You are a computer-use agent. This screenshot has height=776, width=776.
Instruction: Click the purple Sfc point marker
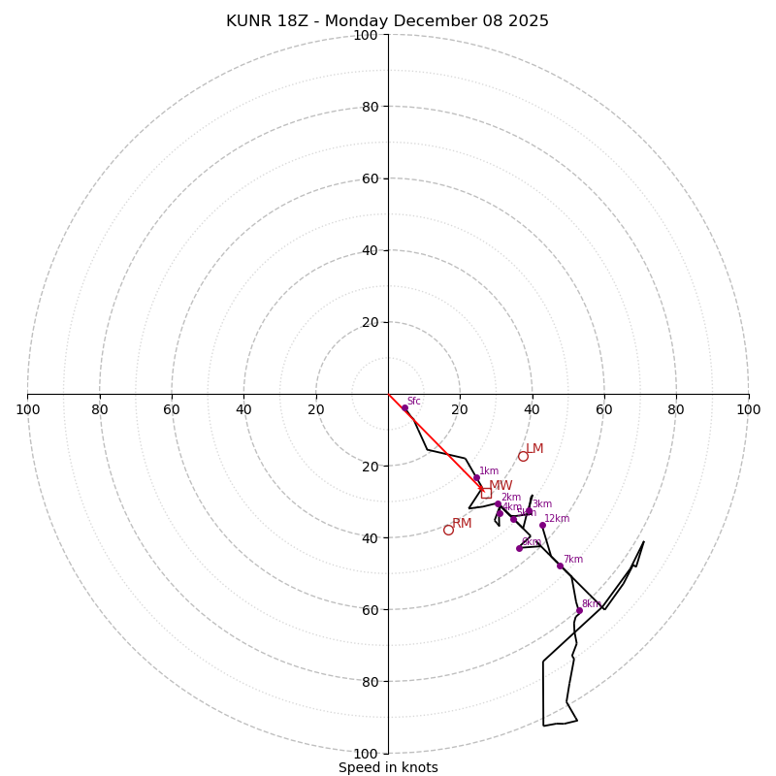404,408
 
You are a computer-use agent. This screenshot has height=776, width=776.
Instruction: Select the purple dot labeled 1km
476,477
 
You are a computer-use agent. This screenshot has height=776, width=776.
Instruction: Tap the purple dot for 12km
542,526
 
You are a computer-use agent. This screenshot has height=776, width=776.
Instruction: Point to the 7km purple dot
560,566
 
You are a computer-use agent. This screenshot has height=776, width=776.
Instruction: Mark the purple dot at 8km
579,611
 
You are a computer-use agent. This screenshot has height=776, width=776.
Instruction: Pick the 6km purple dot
519,548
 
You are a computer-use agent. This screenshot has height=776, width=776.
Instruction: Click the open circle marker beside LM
523,456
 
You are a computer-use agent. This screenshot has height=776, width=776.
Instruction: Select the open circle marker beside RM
448,530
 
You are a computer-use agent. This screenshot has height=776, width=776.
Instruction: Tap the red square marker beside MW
486,493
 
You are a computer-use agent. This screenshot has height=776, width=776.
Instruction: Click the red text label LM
534,449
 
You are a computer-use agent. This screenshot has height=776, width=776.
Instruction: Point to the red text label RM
462,524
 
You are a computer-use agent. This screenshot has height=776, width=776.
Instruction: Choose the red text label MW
501,486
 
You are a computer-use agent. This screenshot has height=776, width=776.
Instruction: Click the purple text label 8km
591,603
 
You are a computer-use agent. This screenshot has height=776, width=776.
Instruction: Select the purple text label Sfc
413,402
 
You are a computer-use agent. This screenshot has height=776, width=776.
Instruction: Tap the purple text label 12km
557,519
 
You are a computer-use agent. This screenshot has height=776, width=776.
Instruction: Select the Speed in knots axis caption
388,767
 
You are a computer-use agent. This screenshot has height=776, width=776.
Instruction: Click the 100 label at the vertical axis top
366,36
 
